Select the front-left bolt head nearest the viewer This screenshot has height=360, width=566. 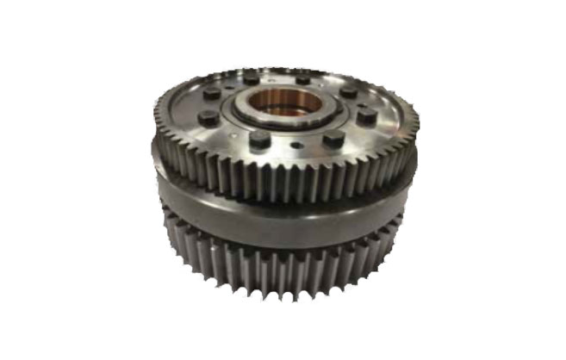(258, 139)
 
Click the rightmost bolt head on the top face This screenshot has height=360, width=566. (367, 115)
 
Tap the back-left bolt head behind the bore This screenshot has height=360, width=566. (251, 78)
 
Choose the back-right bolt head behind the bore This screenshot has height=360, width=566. (302, 78)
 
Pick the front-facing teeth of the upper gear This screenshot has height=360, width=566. (284, 177)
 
